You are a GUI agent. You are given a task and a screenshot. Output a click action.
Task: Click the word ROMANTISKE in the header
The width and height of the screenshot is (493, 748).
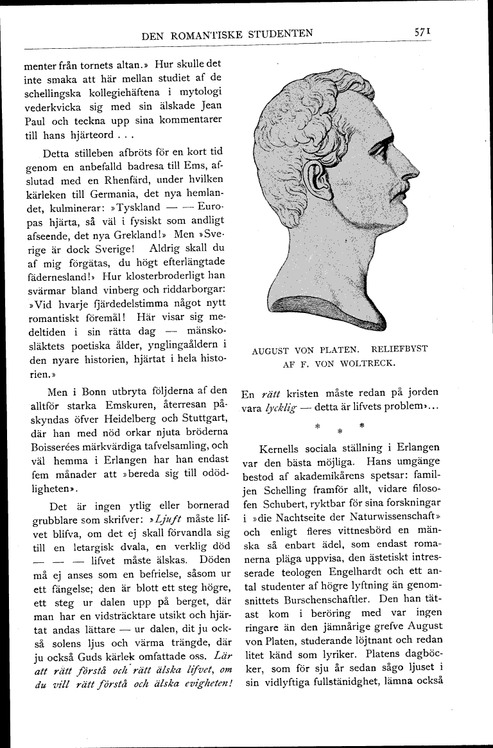point(212,35)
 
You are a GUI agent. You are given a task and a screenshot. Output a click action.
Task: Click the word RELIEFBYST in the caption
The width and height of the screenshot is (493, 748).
point(399,350)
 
